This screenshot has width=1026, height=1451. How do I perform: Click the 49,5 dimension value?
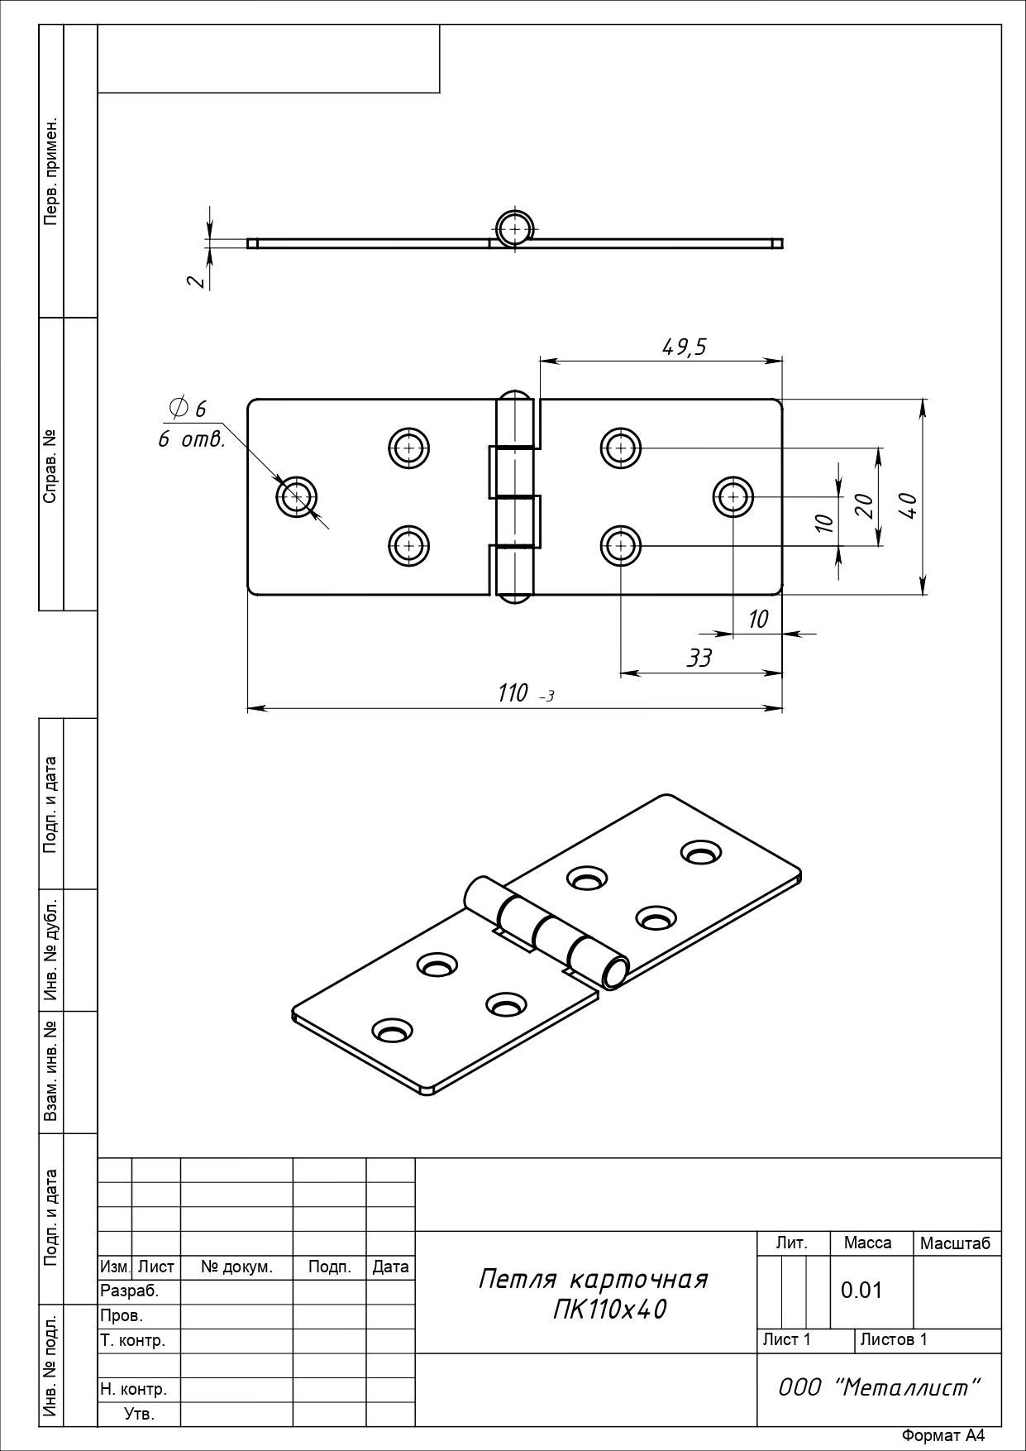tap(685, 347)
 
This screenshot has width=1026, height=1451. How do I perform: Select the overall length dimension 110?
tap(513, 693)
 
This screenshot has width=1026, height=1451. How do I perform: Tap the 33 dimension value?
tap(699, 658)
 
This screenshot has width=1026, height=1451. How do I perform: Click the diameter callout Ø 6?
tap(187, 408)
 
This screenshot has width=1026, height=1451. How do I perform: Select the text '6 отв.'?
tap(191, 439)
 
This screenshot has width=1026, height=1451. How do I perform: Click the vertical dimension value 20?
tap(864, 505)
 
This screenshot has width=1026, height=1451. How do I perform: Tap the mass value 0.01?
tap(861, 1291)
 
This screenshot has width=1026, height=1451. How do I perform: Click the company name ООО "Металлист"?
tap(880, 1387)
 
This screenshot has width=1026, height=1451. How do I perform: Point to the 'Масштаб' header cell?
tap(955, 1243)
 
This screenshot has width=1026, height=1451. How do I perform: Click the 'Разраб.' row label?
tap(129, 1291)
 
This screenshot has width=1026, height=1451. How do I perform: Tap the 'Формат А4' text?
tap(942, 1436)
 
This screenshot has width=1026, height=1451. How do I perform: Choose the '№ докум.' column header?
tap(236, 1267)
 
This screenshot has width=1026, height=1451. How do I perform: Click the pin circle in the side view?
tap(515, 229)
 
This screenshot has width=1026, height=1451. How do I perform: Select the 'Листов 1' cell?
tap(894, 1339)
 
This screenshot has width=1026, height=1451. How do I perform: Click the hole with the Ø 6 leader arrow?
tap(297, 498)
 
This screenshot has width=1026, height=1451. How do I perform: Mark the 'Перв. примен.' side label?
tap(51, 171)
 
